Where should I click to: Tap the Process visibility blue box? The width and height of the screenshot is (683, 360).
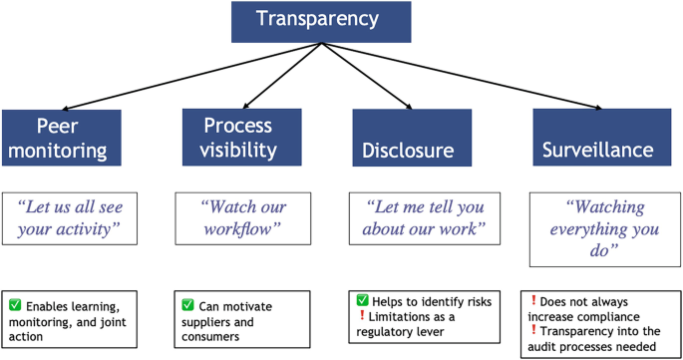tap(237, 138)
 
